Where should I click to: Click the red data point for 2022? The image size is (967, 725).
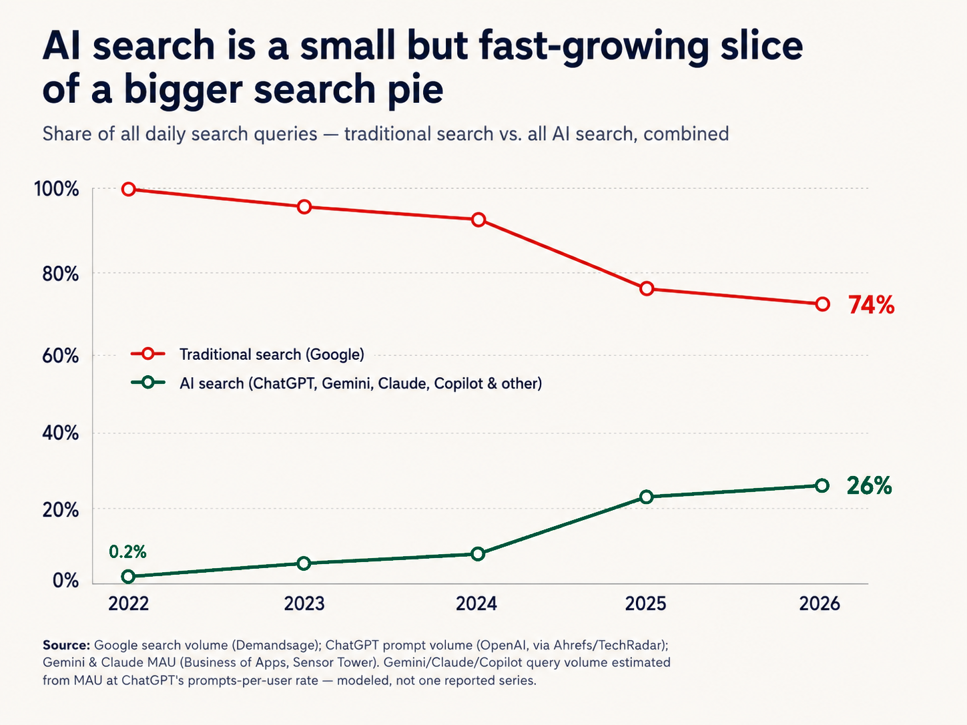[128, 190]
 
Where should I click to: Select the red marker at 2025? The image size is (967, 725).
[646, 289]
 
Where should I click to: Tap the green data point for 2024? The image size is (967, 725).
[478, 554]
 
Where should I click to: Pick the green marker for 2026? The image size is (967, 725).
[822, 486]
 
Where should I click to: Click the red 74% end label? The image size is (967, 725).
[872, 304]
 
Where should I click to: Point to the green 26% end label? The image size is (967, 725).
[869, 486]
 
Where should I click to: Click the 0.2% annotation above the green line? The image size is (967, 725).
[127, 552]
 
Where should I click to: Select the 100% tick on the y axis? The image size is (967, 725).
[56, 189]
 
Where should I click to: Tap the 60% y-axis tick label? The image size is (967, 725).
[60, 355]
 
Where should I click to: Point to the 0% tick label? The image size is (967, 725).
[65, 580]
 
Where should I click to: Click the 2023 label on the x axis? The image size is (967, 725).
[304, 603]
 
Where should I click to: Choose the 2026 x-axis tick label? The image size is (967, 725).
[820, 603]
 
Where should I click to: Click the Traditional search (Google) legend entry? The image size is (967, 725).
[272, 354]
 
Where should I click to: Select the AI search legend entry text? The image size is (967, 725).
[360, 383]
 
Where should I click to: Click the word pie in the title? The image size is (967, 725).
[416, 90]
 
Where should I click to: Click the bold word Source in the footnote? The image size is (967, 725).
[66, 646]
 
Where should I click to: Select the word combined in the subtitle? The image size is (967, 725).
[686, 134]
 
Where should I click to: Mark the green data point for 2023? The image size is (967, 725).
[304, 563]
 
